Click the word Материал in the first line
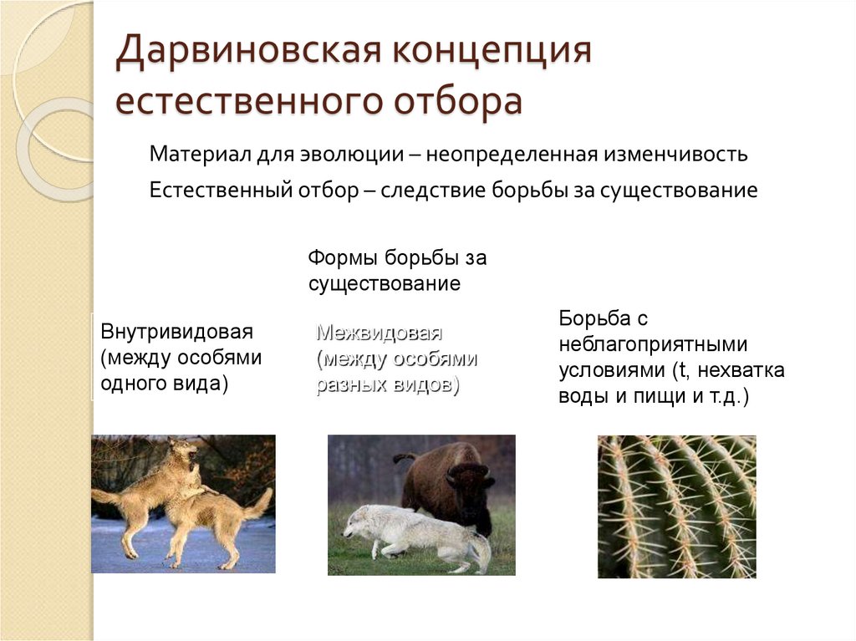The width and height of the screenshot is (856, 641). [193, 155]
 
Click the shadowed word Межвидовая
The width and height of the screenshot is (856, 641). [379, 333]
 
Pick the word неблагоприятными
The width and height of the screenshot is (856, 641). [653, 344]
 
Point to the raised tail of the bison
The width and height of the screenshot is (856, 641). [405, 458]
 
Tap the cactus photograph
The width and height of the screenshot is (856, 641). [676, 506]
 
